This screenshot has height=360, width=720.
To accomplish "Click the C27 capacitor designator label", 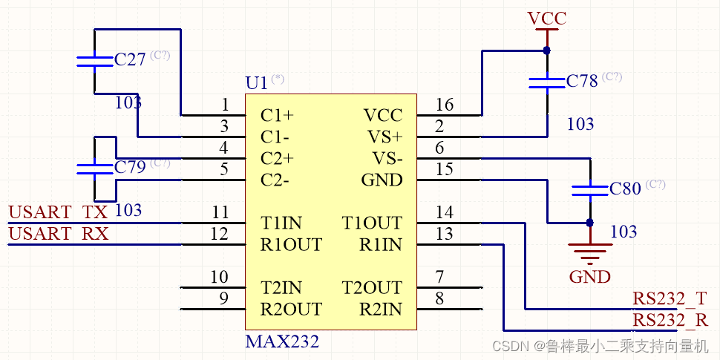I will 130,60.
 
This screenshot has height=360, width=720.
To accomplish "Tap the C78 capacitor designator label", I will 582,81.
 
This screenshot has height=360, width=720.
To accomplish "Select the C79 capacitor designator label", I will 130,167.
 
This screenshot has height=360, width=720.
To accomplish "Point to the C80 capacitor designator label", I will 625,189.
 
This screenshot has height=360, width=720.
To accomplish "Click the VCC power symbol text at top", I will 547,18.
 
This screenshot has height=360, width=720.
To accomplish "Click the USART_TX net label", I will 58,212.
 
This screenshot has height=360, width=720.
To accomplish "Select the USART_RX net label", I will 58,234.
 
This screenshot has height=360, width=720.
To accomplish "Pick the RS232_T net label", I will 670,298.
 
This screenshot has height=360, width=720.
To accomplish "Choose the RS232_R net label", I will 670,320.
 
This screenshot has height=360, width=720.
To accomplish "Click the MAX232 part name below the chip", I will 282,342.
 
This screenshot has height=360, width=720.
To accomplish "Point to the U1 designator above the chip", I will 256,83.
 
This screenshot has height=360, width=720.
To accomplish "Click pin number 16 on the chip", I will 444,105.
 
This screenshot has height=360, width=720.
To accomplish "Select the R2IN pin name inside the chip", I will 380,310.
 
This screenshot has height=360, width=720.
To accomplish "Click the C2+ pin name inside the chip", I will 277,159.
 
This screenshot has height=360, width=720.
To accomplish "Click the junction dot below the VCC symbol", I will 547,50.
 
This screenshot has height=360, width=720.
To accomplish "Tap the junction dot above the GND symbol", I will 590,222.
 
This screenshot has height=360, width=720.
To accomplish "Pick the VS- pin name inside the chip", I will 385,159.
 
